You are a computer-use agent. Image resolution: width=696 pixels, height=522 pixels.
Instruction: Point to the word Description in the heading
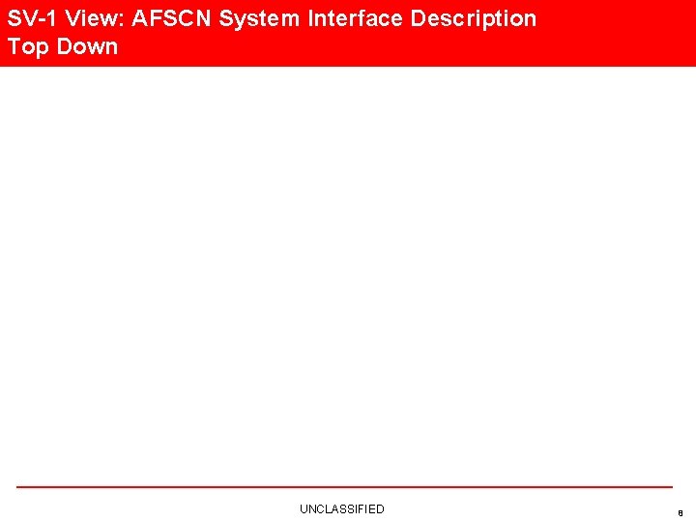474,18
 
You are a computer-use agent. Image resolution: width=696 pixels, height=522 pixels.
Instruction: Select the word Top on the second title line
28,46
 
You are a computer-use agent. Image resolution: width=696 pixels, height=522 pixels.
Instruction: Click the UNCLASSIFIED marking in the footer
341,508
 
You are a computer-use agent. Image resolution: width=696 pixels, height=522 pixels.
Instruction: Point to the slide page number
681,512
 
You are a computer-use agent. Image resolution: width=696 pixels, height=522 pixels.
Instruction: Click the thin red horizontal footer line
344,487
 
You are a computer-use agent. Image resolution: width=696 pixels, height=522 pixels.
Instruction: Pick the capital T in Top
14,46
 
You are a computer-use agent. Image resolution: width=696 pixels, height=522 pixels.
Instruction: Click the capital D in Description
418,18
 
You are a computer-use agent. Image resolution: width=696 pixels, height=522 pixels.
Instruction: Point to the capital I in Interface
312,18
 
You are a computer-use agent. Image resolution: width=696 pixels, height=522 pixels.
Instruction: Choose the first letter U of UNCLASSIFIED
304,508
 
